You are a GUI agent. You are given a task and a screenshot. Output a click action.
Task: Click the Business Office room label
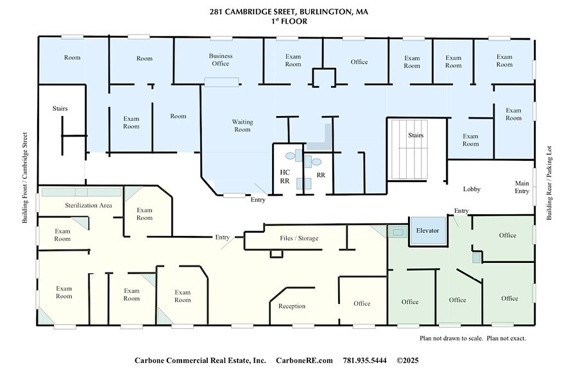[x=220, y=60]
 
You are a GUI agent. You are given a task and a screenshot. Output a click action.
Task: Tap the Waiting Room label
[x=242, y=126]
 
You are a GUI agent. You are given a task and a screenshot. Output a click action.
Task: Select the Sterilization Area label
[x=89, y=205]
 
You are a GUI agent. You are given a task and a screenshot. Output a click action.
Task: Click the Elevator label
[x=427, y=230]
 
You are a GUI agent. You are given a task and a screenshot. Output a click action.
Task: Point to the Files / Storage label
[x=299, y=239]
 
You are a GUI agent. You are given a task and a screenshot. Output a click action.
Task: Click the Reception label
[x=292, y=306]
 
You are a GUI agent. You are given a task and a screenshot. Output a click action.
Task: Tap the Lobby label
[x=472, y=189]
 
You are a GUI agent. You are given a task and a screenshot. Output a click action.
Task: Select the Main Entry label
[x=522, y=187]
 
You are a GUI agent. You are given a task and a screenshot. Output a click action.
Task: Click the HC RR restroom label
[x=285, y=177]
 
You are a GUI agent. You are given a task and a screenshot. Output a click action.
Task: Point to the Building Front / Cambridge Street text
[x=26, y=178]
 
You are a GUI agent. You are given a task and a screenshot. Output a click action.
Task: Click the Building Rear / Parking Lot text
[x=549, y=183]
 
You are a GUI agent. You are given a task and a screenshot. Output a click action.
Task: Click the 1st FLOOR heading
[x=289, y=21]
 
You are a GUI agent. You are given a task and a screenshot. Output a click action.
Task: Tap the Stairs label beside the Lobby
[x=416, y=135]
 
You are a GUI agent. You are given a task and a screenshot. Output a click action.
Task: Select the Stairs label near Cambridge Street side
[x=60, y=108]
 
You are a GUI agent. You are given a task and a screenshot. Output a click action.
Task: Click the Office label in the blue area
[x=359, y=62]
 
